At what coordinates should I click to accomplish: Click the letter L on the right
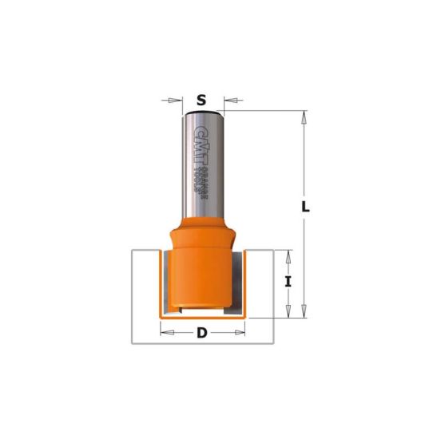click(305, 207)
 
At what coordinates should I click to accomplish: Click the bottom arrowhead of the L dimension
click(303, 314)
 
